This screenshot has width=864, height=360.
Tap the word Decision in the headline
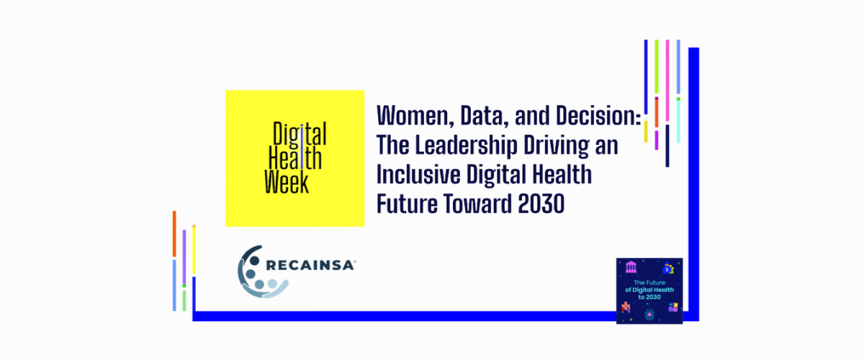[x=596, y=115]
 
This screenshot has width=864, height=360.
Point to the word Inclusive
[x=418, y=174]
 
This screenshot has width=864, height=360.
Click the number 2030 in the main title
[x=541, y=204]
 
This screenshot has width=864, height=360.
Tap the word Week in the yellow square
[x=287, y=181]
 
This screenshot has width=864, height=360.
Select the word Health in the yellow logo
[x=295, y=158]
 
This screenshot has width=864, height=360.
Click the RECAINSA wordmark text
[x=310, y=266]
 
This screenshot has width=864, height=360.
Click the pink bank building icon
[x=631, y=266]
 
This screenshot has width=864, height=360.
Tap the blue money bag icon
[x=667, y=268]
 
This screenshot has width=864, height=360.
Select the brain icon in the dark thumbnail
[x=649, y=314]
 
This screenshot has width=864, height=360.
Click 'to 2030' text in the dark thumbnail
[x=649, y=297]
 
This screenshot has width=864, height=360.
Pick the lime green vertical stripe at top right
[x=657, y=66]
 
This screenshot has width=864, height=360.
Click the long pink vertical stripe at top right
[x=667, y=80]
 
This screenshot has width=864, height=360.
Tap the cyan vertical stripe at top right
[x=678, y=122]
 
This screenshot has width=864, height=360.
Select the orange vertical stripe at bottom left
[x=174, y=233]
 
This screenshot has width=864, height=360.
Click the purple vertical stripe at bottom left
[x=184, y=257]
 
